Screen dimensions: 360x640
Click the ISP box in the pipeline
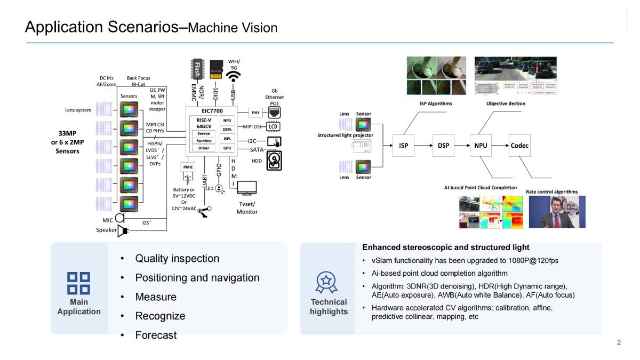click(x=404, y=145)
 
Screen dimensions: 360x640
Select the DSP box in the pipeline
click(x=443, y=145)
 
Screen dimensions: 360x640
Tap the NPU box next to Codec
click(x=480, y=145)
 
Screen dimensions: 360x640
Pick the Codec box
click(x=519, y=145)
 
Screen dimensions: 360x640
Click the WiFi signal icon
click(x=233, y=77)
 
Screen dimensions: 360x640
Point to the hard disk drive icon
click(x=274, y=161)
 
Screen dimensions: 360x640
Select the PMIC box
click(x=188, y=167)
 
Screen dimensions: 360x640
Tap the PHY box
click(x=255, y=113)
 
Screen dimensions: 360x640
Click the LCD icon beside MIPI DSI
click(x=273, y=126)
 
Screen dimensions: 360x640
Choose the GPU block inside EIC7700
click(x=227, y=148)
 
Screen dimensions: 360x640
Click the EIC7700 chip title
click(x=212, y=110)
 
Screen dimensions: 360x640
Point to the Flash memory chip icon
click(x=197, y=69)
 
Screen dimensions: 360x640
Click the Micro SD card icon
click(x=215, y=70)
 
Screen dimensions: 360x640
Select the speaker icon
click(x=122, y=230)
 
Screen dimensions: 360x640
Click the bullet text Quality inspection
click(x=177, y=259)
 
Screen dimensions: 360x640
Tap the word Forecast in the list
click(x=156, y=335)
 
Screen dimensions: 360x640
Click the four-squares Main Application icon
click(x=78, y=283)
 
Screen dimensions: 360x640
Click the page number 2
click(x=619, y=343)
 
